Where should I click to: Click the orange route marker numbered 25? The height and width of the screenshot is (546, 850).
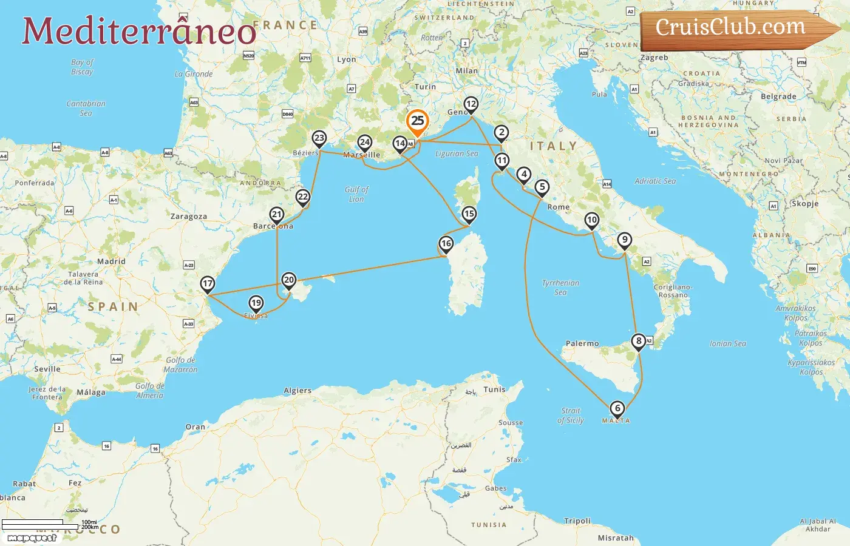418,121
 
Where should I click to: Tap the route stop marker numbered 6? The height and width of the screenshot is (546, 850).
617,408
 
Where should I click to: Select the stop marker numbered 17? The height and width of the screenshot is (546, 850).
208,283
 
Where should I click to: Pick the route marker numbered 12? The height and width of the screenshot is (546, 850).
471,104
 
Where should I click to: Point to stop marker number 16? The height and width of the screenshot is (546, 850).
446,244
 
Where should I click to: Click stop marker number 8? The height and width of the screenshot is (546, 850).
639,341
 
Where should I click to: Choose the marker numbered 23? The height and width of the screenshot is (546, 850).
319,138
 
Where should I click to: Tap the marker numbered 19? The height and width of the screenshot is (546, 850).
256,303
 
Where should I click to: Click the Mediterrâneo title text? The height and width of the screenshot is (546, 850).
139,30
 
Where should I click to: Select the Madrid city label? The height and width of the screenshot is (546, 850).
111,261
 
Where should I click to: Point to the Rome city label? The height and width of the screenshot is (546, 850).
559,207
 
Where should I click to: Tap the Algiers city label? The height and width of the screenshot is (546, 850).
297,391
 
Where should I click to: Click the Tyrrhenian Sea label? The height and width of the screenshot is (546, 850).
560,288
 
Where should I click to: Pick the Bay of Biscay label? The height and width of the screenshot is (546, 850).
82,67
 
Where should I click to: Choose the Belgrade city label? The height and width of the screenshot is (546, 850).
778,96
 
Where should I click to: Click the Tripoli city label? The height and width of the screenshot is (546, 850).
577,521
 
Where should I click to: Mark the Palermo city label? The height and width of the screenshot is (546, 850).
582,343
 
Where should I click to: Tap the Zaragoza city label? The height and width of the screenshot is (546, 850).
188,217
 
